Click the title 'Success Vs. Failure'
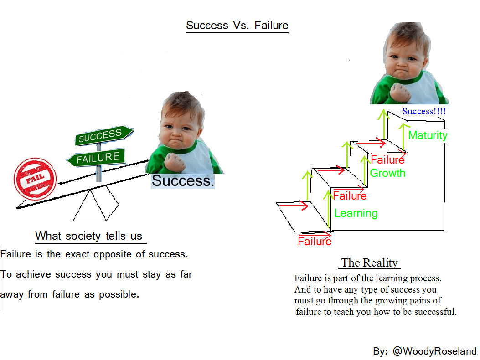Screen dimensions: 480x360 [237, 26]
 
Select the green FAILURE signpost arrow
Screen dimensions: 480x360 [96, 158]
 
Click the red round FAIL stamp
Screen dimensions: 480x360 [35, 179]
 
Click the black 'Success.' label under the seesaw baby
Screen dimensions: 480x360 [183, 180]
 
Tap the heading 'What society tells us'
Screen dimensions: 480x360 [89, 236]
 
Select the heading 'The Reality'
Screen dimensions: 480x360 [370, 262]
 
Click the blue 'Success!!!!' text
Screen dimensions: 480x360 [424, 111]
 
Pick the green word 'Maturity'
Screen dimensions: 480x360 [428, 135]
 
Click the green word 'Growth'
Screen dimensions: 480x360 [387, 173]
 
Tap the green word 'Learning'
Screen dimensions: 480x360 [356, 213]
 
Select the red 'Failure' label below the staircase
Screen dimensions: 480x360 [315, 241]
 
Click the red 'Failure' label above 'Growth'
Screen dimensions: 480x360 [387, 159]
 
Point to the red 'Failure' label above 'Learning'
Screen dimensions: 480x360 [350, 195]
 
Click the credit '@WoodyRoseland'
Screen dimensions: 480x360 [434, 351]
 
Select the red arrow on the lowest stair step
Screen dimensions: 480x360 [293, 206]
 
